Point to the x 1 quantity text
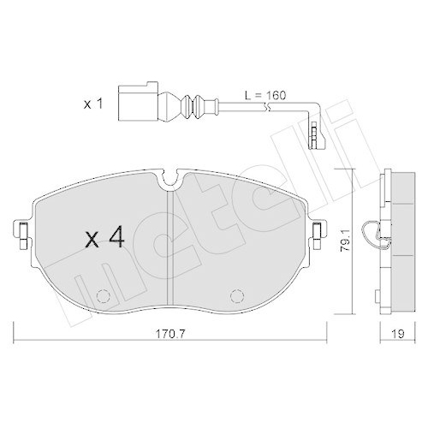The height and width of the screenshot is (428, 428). point(92,104)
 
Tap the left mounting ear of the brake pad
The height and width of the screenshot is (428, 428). point(21,230)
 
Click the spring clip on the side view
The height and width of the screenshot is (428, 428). point(374,233)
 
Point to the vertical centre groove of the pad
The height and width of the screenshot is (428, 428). point(174,248)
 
